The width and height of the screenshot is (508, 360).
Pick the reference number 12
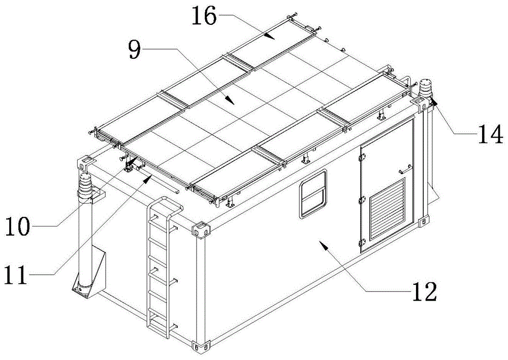(x=423, y=291)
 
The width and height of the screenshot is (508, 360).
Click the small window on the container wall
(x=312, y=194)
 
